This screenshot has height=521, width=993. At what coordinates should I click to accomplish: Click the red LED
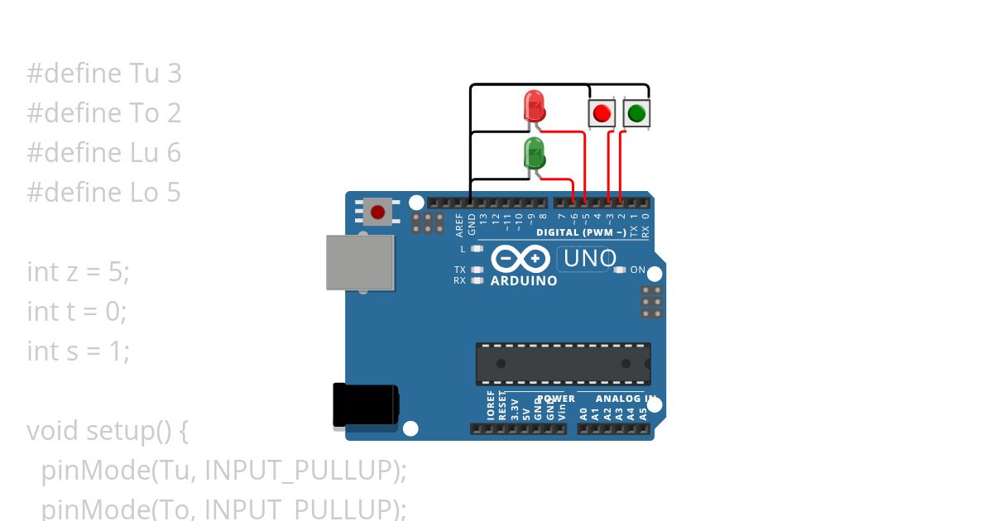pos(535,107)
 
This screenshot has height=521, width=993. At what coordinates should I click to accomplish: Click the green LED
pos(535,154)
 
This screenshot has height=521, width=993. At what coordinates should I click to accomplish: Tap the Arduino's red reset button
pos(377,212)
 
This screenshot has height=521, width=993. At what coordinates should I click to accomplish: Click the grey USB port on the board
pos(359,262)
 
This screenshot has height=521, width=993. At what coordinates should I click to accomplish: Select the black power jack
pos(364,405)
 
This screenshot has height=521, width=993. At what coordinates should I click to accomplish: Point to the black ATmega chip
pos(563,364)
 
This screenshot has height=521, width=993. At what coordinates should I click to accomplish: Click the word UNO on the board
pos(589,259)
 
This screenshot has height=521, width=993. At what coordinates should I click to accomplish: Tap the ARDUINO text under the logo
pos(524,280)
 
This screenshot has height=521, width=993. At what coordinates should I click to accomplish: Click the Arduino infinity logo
pos(520,260)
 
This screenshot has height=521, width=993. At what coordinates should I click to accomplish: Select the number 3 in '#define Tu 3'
pos(174,74)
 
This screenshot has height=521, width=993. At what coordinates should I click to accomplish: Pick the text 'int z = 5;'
pos(79,272)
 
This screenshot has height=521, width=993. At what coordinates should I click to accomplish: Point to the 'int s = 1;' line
pos(79,351)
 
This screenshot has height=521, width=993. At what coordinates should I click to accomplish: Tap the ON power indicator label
pos(638,270)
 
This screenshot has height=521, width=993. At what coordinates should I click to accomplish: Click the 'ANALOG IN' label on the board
pos(626,399)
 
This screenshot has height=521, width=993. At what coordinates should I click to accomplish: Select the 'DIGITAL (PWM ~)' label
pos(581,232)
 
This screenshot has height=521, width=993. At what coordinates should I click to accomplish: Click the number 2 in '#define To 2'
pos(174,113)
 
